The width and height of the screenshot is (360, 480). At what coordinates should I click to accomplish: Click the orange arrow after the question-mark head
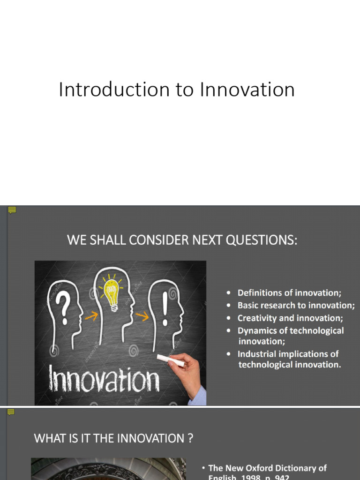[91, 316]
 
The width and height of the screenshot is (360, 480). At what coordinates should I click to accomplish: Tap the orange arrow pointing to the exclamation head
[142, 316]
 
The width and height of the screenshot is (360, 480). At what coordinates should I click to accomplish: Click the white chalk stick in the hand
[170, 360]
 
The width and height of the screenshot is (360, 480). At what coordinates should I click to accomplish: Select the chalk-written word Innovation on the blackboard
[104, 379]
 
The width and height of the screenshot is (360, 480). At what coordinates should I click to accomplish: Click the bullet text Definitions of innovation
[290, 293]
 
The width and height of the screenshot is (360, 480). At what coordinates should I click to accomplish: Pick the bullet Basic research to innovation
[296, 306]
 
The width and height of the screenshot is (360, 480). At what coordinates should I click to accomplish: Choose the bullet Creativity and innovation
[290, 318]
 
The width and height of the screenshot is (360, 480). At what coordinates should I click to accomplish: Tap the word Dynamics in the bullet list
[257, 331]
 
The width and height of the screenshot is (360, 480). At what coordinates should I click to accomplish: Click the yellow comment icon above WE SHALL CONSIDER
[12, 210]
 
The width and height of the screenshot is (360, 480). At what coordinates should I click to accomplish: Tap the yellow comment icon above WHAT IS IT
[11, 412]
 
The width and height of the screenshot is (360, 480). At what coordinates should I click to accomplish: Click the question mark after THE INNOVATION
[190, 439]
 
